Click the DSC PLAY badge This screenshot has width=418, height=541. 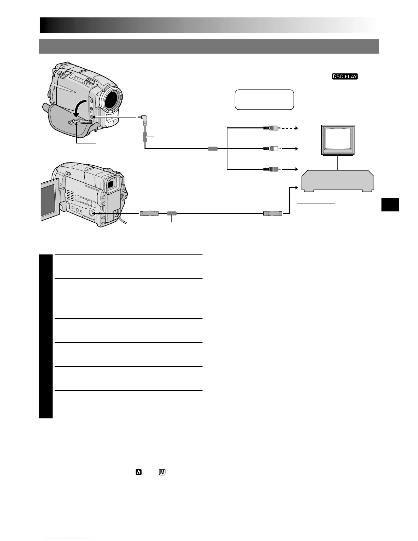click(345, 77)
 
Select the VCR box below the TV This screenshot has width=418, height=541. click(337, 181)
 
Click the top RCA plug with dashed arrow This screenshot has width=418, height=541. click(272, 128)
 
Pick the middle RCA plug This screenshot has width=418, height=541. click(272, 149)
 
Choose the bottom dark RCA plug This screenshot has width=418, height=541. click(272, 169)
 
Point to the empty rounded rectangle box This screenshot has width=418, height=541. click(264, 100)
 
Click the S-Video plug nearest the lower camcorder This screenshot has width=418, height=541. click(149, 213)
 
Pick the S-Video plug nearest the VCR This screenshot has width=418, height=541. click(272, 213)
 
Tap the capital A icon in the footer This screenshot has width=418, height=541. click(139, 473)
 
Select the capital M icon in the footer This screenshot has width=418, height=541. click(162, 473)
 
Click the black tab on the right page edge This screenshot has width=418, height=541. click(391, 205)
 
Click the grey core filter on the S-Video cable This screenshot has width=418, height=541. click(172, 213)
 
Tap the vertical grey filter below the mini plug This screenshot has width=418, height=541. click(145, 137)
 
